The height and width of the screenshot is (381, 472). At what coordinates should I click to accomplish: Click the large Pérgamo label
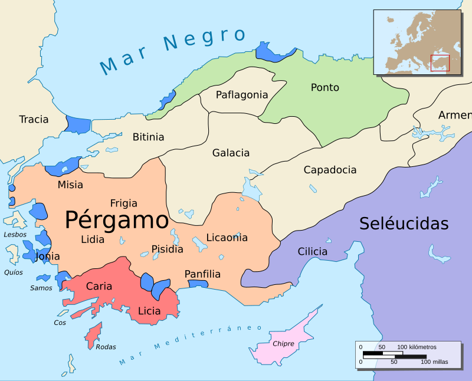click(117, 220)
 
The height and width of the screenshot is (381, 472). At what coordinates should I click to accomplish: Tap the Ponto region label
click(325, 87)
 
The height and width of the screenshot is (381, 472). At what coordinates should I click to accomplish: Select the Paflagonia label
click(242, 94)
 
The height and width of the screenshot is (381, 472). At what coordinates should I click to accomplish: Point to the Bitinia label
click(148, 137)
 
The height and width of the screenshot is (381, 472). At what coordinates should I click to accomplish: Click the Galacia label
click(231, 153)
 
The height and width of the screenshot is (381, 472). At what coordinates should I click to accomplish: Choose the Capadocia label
click(330, 170)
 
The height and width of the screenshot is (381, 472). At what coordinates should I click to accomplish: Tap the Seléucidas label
click(404, 224)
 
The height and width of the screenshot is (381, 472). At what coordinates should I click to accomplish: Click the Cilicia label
click(312, 251)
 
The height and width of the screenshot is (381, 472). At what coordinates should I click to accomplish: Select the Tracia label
click(34, 119)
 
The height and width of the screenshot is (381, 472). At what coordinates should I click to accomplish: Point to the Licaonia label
click(227, 238)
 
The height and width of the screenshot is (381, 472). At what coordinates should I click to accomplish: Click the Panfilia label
click(202, 274)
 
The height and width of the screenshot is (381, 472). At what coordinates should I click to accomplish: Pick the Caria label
click(99, 286)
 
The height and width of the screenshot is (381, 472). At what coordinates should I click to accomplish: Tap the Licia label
click(149, 310)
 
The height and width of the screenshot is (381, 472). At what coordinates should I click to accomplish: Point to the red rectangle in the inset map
click(440, 63)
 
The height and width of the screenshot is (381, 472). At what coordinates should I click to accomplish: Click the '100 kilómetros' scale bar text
click(416, 346)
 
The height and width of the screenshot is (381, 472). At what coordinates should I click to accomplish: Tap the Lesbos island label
click(15, 234)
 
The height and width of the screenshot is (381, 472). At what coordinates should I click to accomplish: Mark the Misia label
click(70, 185)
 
